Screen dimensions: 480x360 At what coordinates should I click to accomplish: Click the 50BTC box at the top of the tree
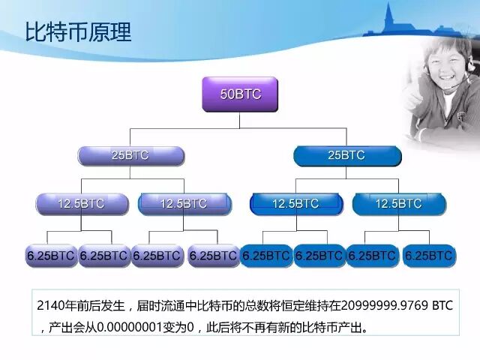click(239, 94)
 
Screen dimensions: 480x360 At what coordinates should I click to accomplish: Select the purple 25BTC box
click(130, 155)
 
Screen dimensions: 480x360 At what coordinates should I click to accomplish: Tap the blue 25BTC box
click(346, 155)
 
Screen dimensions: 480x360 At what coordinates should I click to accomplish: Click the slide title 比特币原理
click(78, 32)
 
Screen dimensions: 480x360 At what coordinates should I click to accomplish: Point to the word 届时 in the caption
click(147, 307)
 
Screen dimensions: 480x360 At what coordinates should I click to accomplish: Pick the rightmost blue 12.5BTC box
click(398, 203)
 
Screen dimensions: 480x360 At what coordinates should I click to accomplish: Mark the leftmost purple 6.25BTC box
click(50, 256)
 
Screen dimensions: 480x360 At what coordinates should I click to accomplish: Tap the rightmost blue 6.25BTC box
click(428, 256)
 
